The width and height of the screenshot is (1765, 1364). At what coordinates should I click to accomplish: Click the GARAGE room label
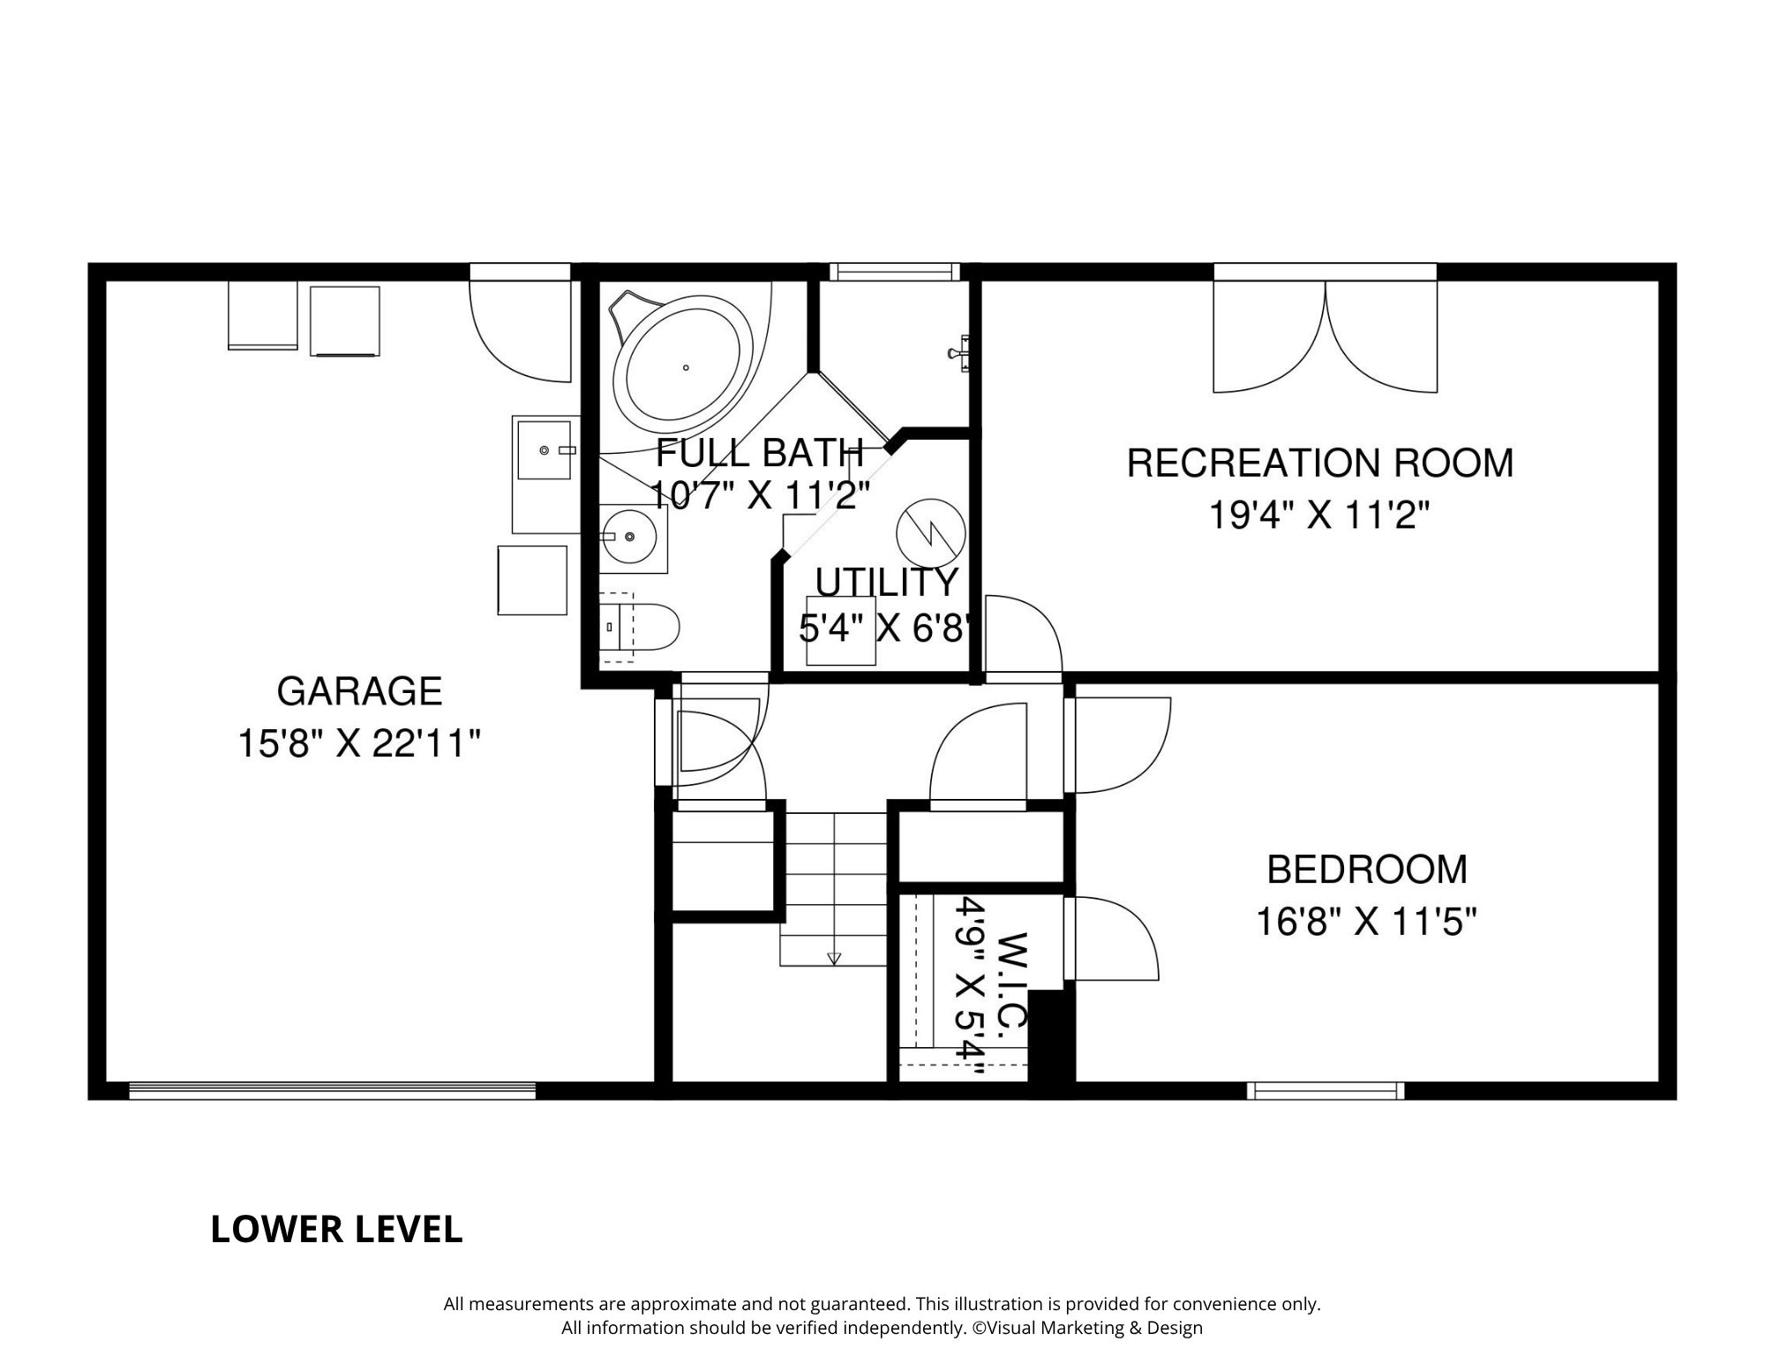(x=359, y=691)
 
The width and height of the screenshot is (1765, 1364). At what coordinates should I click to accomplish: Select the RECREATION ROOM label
(x=1320, y=463)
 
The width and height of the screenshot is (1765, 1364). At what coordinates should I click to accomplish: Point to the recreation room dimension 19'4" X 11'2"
(x=1318, y=515)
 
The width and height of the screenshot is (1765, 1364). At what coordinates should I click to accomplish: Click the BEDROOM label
(x=1367, y=870)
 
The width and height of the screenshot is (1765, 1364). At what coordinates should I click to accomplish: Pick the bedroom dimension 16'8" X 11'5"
(x=1367, y=923)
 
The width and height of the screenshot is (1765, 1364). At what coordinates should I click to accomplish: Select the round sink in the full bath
(x=628, y=536)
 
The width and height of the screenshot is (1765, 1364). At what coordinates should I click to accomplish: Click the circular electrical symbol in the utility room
(x=931, y=532)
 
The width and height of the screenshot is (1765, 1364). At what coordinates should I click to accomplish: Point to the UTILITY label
(x=887, y=583)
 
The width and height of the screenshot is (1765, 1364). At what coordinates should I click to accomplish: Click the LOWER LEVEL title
(x=336, y=1230)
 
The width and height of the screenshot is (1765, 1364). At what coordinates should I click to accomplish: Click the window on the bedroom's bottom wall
(x=1326, y=1090)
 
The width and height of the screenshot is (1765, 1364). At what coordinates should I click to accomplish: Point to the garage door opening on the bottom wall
(x=333, y=1090)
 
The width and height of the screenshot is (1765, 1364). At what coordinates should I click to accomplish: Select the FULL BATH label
(x=759, y=453)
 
